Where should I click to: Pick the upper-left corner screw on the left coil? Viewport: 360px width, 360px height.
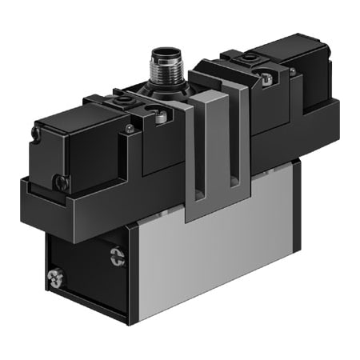tap(36, 134)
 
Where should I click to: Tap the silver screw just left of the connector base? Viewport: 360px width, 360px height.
tap(161, 117)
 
